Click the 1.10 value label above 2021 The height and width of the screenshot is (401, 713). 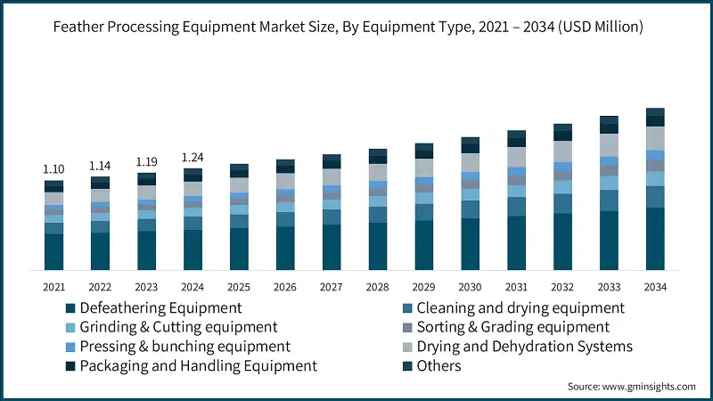[54, 169]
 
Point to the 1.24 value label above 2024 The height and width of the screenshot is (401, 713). [193, 158]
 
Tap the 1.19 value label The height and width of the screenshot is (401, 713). [147, 162]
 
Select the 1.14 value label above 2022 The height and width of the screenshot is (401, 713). [101, 166]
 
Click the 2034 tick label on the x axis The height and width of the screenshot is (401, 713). [655, 286]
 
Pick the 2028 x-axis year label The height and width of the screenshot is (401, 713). [378, 286]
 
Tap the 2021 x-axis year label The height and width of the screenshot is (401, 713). [54, 286]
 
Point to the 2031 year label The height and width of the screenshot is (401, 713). [517, 286]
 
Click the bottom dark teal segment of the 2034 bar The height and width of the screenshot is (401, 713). [655, 239]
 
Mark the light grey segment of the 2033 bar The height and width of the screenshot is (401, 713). [609, 145]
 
